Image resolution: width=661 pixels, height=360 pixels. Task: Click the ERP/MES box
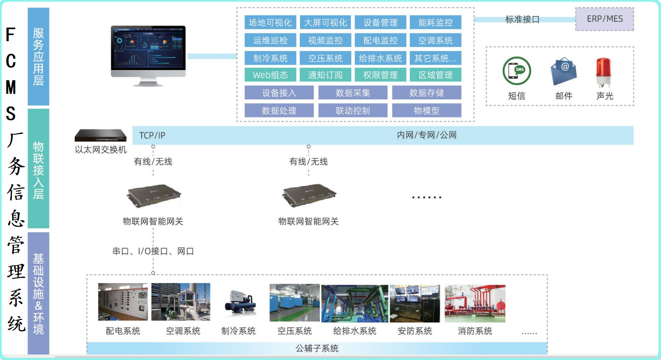click(x=604, y=19)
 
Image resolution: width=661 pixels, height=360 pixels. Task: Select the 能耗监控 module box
click(x=435, y=22)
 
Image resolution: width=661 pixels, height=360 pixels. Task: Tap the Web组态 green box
click(x=270, y=75)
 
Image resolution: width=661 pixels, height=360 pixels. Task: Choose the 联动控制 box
click(x=353, y=111)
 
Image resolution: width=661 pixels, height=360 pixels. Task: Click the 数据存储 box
click(x=426, y=93)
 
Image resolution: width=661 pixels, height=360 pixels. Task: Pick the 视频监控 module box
click(x=325, y=40)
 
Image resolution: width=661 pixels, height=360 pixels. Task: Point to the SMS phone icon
click(x=517, y=71)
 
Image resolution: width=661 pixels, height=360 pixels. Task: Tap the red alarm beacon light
click(x=603, y=72)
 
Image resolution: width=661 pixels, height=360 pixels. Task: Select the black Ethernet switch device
click(x=101, y=135)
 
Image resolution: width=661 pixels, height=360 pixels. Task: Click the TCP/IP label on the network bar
click(x=152, y=135)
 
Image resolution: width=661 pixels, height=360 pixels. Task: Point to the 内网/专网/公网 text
click(x=426, y=135)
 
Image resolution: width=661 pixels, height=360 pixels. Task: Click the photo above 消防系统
click(x=475, y=303)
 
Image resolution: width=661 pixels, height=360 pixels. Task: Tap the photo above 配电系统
click(x=123, y=302)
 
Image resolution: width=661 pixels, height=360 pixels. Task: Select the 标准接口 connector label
click(x=522, y=20)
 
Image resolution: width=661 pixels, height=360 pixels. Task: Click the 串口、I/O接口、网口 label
click(x=153, y=251)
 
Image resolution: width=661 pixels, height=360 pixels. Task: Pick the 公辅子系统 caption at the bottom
click(x=317, y=349)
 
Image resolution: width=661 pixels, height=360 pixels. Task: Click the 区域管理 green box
click(x=435, y=75)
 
